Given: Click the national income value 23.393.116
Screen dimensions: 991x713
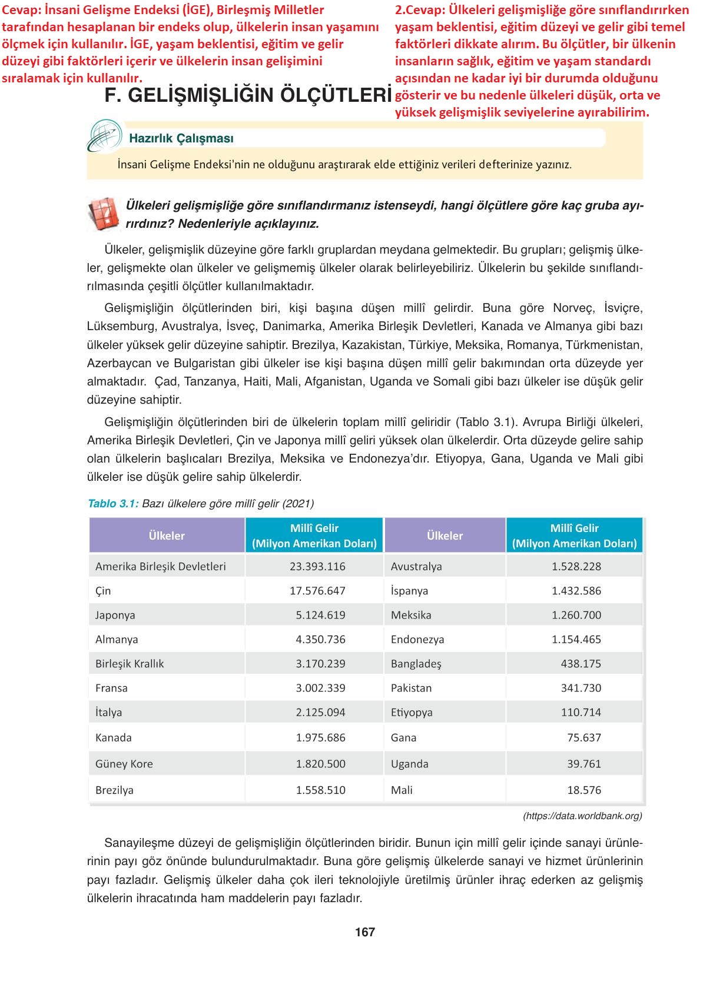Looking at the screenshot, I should click(x=317, y=566).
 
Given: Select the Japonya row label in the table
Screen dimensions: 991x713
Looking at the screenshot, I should click(x=115, y=615).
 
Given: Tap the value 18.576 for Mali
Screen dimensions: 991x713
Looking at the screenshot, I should click(x=584, y=790).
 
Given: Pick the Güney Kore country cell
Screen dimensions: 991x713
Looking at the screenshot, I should click(x=124, y=764).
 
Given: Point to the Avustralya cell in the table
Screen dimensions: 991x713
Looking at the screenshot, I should click(x=416, y=566).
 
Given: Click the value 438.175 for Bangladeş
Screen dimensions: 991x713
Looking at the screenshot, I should click(x=581, y=663).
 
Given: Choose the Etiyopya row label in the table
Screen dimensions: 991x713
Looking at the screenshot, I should click(x=412, y=712).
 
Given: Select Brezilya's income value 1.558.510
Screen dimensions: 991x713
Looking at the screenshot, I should click(x=320, y=790).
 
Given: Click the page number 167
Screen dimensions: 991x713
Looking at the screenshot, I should click(x=365, y=932).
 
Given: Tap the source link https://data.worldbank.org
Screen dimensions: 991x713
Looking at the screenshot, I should click(x=582, y=816).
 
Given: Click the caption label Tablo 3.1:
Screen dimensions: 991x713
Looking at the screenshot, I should click(x=113, y=503).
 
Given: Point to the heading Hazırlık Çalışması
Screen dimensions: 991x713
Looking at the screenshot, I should click(x=181, y=138).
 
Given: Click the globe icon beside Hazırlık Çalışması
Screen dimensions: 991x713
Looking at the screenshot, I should click(x=104, y=136).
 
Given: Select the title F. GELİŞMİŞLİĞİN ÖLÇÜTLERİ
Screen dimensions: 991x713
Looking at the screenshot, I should click(x=248, y=95).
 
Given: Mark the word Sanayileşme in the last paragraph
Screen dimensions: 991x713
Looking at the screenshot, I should click(x=135, y=843).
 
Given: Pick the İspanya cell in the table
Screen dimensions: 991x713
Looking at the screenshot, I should click(x=409, y=591).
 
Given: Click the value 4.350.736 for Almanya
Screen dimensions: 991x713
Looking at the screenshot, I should click(x=320, y=639).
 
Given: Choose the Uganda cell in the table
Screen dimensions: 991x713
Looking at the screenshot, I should click(x=410, y=764).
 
